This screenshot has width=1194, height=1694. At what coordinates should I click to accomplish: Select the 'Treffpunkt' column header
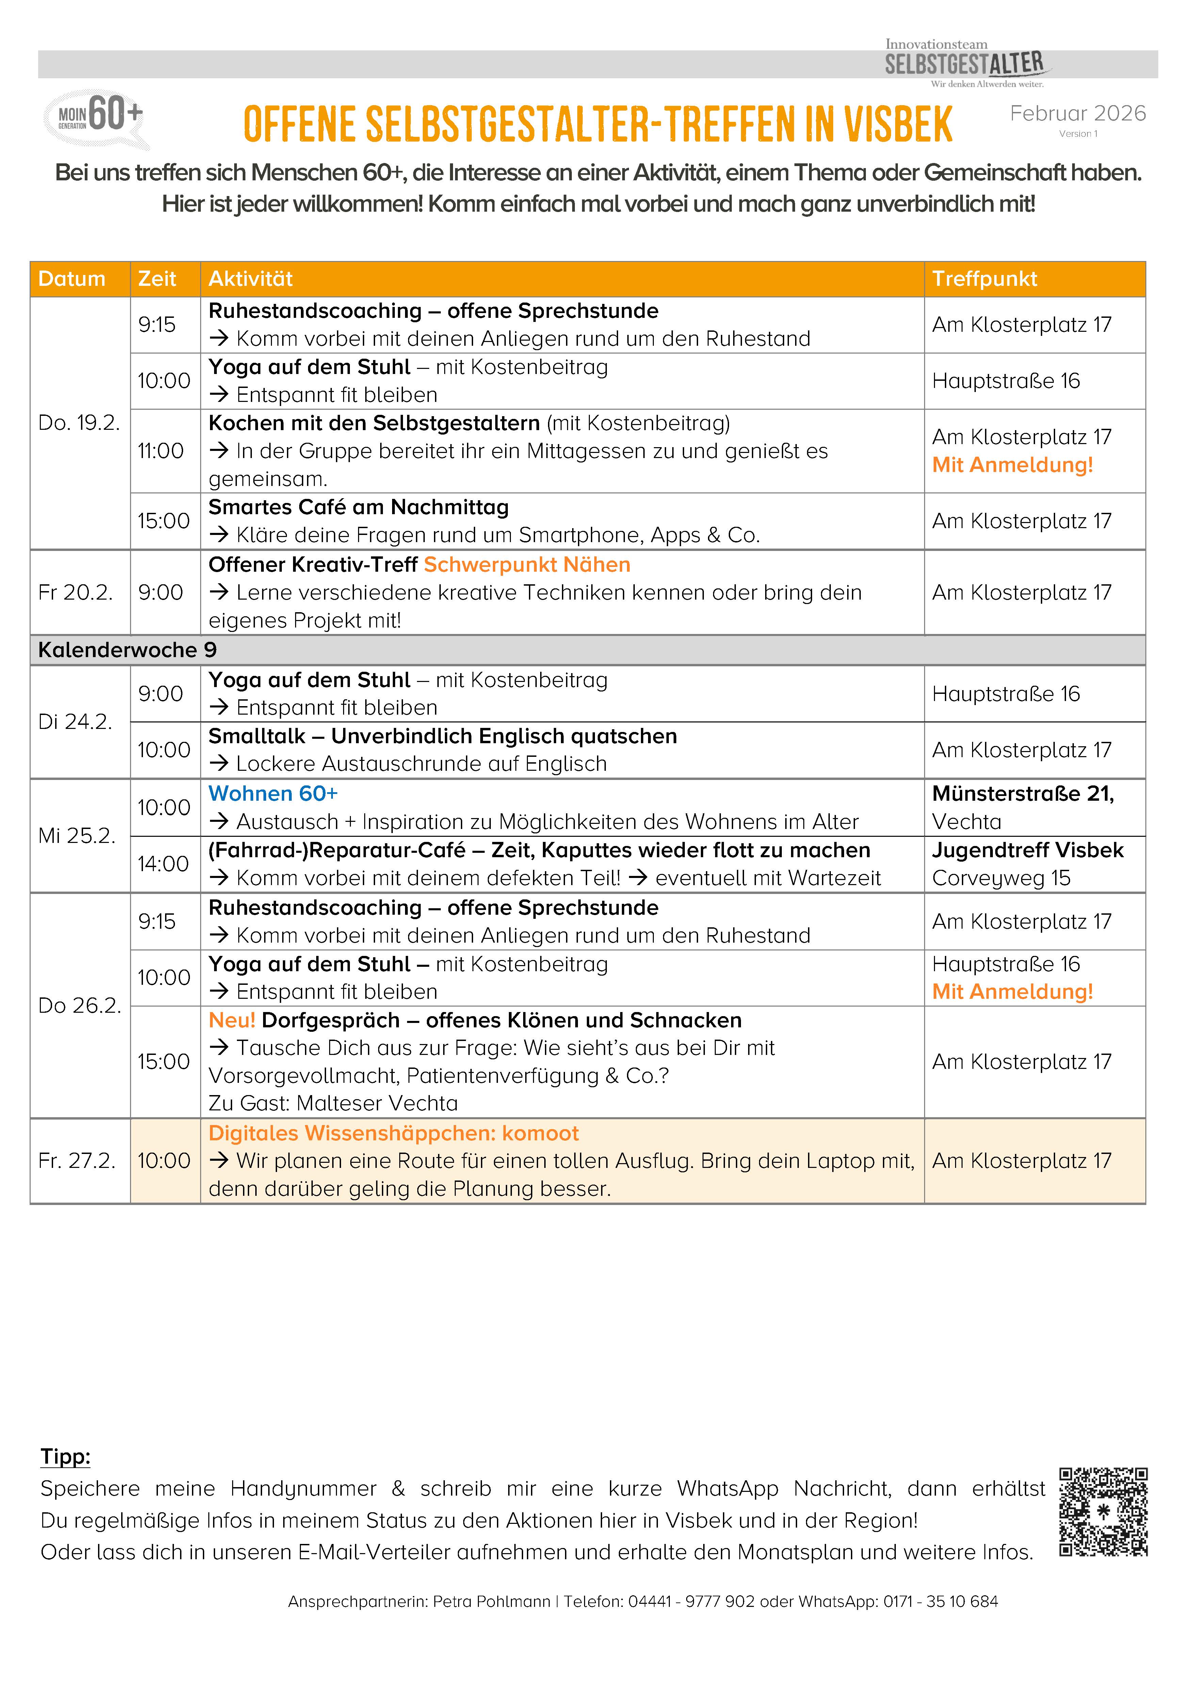(984, 279)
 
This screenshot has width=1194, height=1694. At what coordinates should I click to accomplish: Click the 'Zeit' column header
(157, 279)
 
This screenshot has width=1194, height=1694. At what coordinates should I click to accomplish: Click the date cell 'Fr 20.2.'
(75, 592)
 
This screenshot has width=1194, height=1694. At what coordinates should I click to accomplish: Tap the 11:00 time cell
(161, 451)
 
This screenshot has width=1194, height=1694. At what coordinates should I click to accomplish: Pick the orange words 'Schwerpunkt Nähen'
(527, 565)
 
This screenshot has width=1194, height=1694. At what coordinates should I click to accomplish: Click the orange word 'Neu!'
(232, 1021)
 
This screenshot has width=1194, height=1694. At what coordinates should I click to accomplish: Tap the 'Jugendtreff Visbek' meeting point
(1027, 851)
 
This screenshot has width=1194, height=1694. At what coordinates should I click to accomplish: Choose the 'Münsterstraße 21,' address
(1023, 794)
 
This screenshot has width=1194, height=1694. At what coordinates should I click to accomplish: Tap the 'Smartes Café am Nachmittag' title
(359, 508)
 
